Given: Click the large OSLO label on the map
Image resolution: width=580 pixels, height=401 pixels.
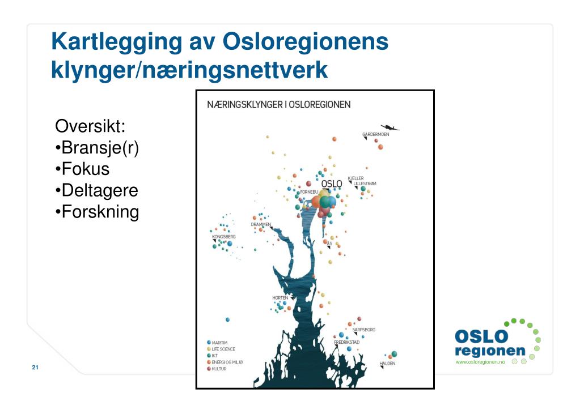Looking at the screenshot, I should click(332, 184).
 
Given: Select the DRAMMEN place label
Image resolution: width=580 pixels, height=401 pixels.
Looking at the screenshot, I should click(261, 224).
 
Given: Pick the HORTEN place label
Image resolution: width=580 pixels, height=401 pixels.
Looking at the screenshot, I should click(280, 297).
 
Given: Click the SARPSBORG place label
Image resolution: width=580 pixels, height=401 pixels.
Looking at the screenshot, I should click(363, 329).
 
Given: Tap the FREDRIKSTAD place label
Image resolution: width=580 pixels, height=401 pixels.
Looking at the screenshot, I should click(346, 342).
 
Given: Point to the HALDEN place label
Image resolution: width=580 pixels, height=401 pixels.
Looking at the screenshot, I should click(387, 363).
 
